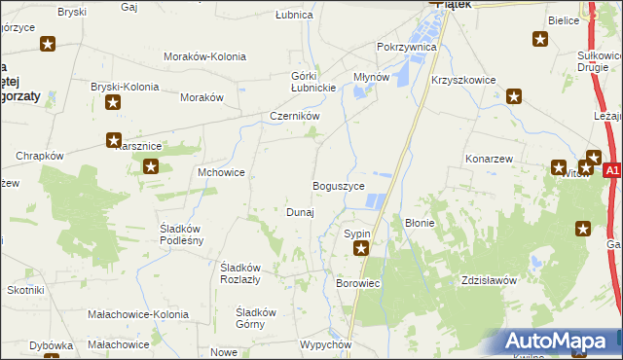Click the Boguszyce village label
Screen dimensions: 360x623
click(338, 186)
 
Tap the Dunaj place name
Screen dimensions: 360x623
click(299, 212)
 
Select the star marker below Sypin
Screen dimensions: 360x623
click(361, 250)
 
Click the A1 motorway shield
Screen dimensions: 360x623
click(611, 171)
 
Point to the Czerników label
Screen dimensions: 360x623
click(295, 116)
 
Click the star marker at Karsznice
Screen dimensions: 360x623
click(114, 140)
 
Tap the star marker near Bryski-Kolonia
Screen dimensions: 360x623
click(114, 102)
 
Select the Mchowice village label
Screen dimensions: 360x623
click(221, 172)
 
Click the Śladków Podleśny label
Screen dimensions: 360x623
click(181, 234)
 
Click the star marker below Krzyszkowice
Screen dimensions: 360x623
click(514, 96)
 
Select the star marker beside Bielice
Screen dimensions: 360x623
click(540, 39)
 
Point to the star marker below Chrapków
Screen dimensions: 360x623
click(151, 166)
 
